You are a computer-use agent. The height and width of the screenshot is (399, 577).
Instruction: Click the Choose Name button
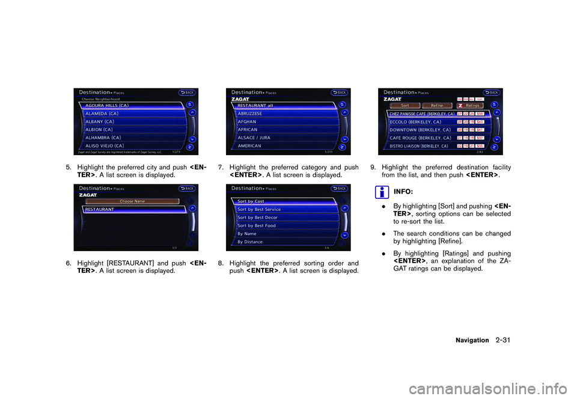pos(132,201)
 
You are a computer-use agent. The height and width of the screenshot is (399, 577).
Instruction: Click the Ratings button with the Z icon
pos(475,105)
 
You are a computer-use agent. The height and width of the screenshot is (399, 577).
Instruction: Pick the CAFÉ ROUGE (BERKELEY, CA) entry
pos(421,138)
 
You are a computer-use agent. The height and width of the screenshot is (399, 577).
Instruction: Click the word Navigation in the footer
pos(472,340)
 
